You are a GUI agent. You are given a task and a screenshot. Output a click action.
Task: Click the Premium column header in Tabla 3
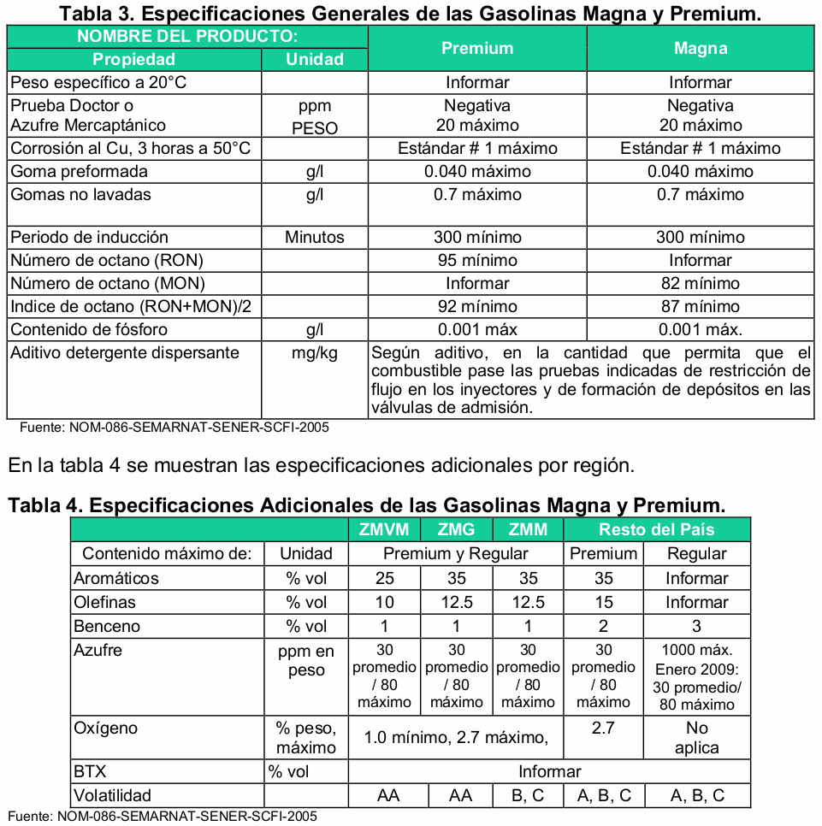477,49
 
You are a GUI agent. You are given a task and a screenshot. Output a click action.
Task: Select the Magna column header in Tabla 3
700,49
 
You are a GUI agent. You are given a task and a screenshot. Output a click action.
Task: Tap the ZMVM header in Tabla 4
385,529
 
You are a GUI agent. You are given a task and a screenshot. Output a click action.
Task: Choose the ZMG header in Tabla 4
456,529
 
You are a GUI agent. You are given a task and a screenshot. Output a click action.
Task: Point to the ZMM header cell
528,529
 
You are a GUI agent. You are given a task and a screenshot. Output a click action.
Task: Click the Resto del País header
656,529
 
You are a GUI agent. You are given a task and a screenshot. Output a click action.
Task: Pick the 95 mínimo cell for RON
477,260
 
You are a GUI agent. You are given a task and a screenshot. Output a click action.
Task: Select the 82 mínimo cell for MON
700,283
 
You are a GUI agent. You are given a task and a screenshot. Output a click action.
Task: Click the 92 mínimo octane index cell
477,306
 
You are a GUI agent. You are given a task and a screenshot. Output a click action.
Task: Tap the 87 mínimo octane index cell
700,306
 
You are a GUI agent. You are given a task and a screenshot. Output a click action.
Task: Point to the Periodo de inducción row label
89,237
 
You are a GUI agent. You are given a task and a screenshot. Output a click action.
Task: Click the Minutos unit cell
315,237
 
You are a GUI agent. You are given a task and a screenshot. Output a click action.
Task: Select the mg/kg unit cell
315,353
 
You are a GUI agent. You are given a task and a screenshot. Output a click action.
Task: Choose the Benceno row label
107,626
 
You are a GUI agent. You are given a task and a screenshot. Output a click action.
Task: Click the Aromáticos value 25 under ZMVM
385,578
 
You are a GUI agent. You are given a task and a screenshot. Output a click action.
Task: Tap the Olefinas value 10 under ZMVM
385,602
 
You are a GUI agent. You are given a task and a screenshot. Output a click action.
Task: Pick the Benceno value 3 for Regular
697,626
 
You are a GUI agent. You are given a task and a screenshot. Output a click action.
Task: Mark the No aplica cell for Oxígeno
697,738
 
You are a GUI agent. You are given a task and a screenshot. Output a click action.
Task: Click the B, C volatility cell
528,795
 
